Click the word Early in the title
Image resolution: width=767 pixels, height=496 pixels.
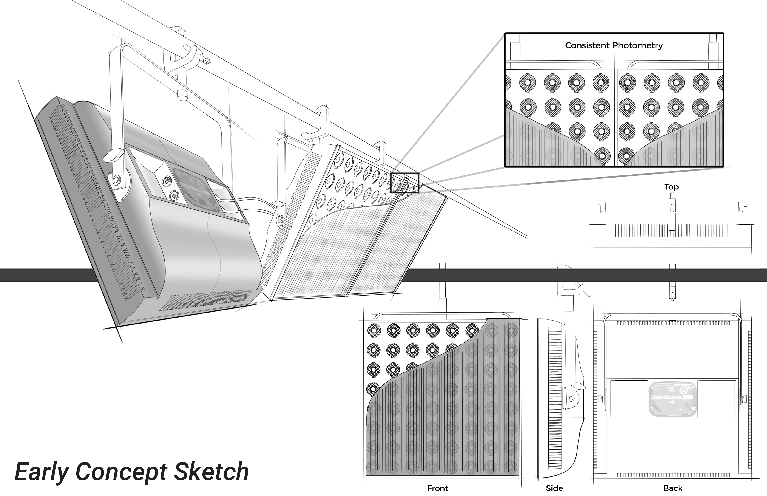[41, 472]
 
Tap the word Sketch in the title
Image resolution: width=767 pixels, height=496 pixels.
[211, 472]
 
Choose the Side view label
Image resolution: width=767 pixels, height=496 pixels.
[554, 488]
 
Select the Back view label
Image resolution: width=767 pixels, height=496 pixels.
[673, 488]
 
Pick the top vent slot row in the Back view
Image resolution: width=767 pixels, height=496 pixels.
[673, 323]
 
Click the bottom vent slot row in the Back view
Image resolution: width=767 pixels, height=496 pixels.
[673, 475]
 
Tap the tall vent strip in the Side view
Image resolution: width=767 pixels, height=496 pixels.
[555, 399]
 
